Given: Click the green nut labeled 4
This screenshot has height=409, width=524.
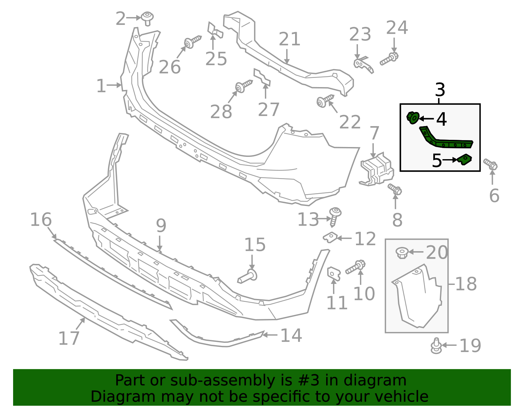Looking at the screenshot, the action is point(413,118).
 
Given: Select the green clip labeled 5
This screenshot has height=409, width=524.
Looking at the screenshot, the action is point(465,160).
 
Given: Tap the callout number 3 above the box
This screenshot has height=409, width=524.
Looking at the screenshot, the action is point(440,90).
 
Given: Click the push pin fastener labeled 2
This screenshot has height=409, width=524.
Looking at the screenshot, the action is point(148,18).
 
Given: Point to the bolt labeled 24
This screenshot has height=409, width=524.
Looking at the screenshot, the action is point(389,59).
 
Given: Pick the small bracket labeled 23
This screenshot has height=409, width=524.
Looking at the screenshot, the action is point(363,64).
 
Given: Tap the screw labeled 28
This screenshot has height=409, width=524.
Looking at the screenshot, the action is point(243,86).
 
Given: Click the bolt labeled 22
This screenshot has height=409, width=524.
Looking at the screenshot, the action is point(325,101).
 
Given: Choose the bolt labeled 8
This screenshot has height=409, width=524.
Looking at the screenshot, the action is point(395,189).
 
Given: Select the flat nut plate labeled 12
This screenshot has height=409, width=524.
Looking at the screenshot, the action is point(331,237).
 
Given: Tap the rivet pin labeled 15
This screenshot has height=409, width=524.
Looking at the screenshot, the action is point(248,276).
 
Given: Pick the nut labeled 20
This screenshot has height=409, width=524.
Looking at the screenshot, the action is point(402,252).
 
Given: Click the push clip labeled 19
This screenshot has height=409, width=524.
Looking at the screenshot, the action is point(436,346).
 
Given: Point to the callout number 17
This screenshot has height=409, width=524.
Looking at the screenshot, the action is point(69,338).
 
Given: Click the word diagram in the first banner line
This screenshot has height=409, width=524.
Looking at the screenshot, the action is point(384,381).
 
